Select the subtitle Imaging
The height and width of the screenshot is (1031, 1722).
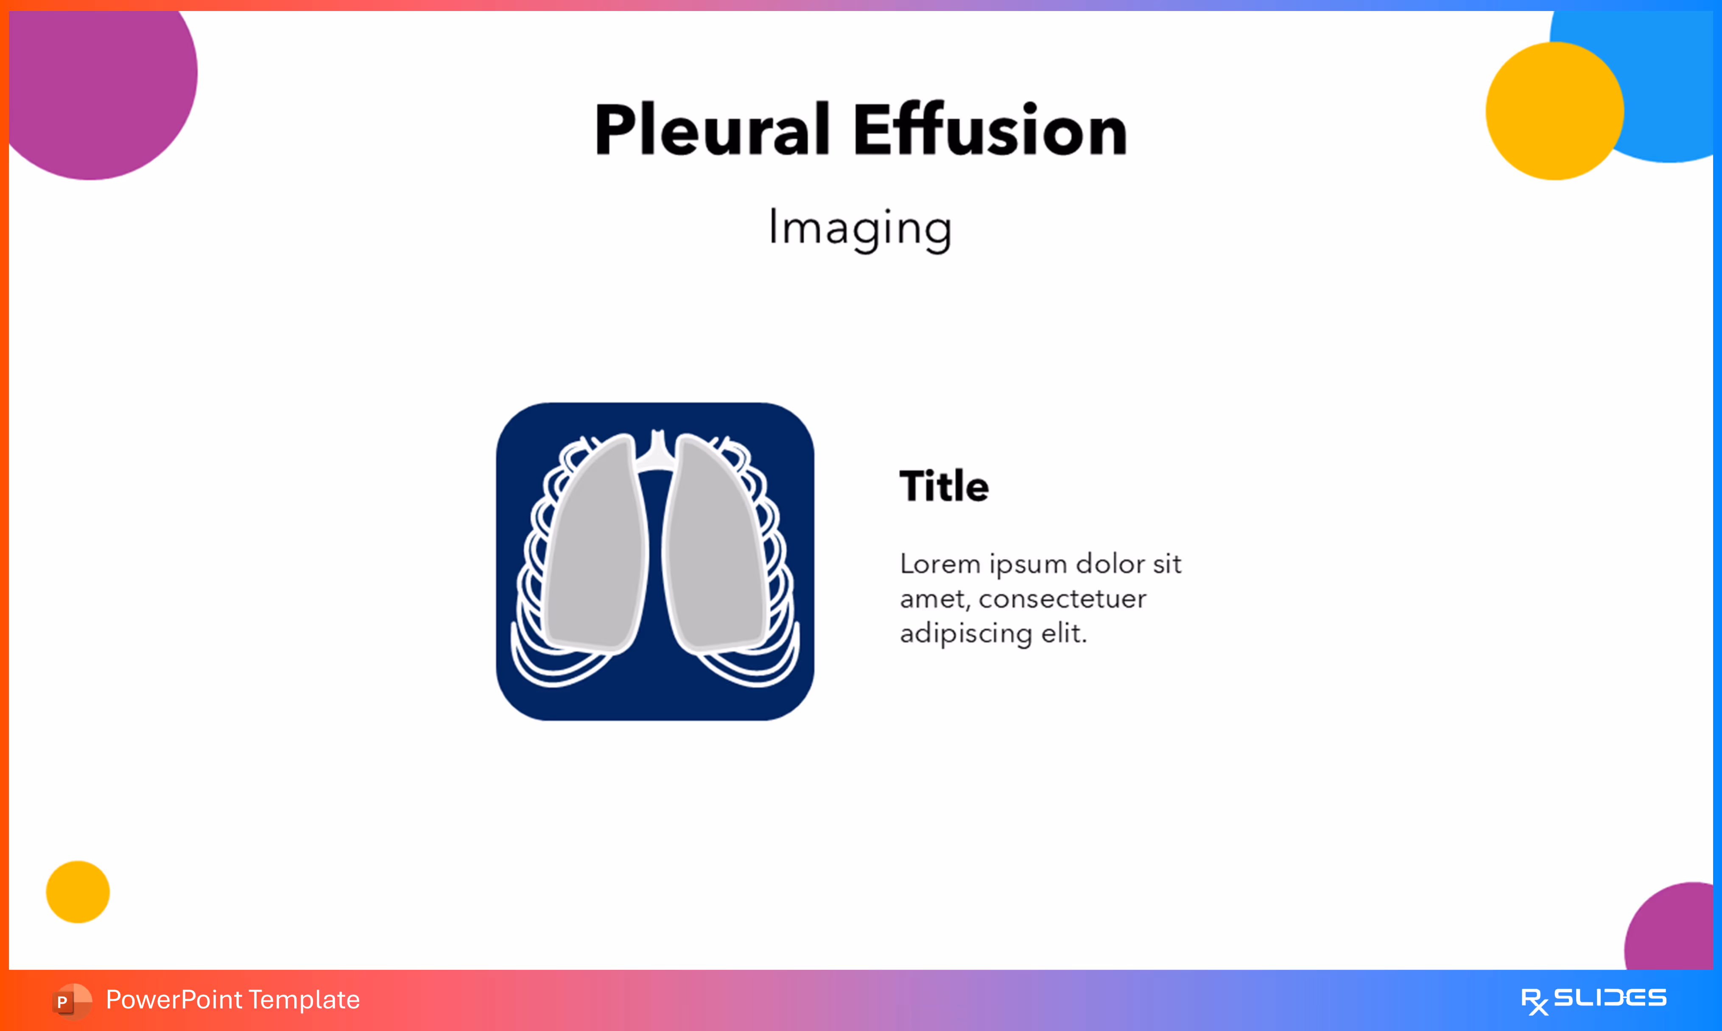click(x=860, y=228)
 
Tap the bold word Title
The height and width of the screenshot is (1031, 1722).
click(x=944, y=486)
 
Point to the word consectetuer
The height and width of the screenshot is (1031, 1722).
click(x=1062, y=599)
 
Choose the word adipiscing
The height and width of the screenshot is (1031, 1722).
click(x=966, y=633)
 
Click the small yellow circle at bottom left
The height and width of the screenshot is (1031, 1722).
click(x=78, y=892)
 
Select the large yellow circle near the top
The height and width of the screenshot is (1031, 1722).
click(x=1554, y=111)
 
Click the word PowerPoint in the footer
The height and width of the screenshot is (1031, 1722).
click(x=173, y=1000)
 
